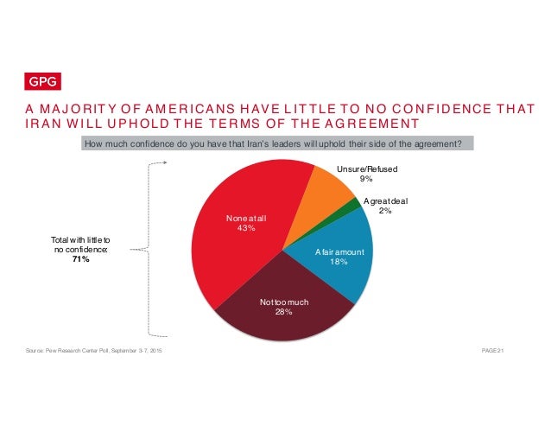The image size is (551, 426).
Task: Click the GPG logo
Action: tap(40, 83)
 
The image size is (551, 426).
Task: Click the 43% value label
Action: tap(247, 228)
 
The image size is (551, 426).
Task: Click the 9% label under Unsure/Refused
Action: tap(366, 180)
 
